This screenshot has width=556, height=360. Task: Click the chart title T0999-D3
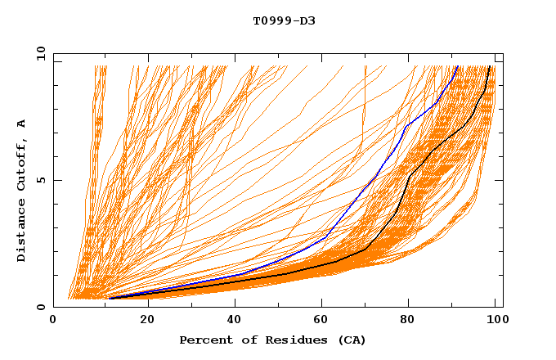[284, 20]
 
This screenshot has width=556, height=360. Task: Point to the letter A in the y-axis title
[22, 124]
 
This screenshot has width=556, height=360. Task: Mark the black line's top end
[490, 66]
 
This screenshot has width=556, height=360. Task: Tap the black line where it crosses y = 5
[407, 180]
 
